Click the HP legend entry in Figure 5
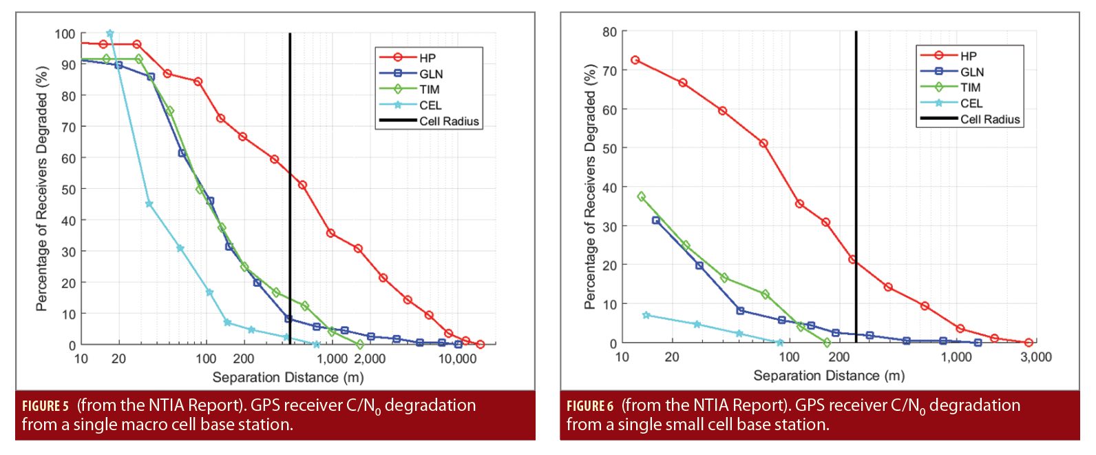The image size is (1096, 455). (x=427, y=58)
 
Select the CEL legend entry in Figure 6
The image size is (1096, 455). (x=971, y=103)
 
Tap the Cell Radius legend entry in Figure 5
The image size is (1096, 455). (x=449, y=121)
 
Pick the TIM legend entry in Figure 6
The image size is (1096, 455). (x=970, y=88)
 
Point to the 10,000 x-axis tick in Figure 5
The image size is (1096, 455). (x=457, y=359)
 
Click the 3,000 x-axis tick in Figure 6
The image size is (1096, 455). (x=1035, y=357)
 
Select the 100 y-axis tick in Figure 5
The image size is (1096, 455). (x=65, y=34)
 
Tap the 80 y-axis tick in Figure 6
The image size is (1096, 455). (x=609, y=32)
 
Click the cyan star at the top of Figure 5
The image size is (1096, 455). (x=110, y=33)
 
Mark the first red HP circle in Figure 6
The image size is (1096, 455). (x=635, y=61)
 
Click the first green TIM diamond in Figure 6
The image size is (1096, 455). (x=642, y=196)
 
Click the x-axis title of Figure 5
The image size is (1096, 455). (x=288, y=377)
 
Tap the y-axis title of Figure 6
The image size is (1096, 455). (x=590, y=187)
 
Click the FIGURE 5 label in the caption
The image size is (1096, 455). (x=45, y=406)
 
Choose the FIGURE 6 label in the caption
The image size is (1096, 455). (x=590, y=406)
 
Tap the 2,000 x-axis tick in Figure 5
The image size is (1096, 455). (x=370, y=359)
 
